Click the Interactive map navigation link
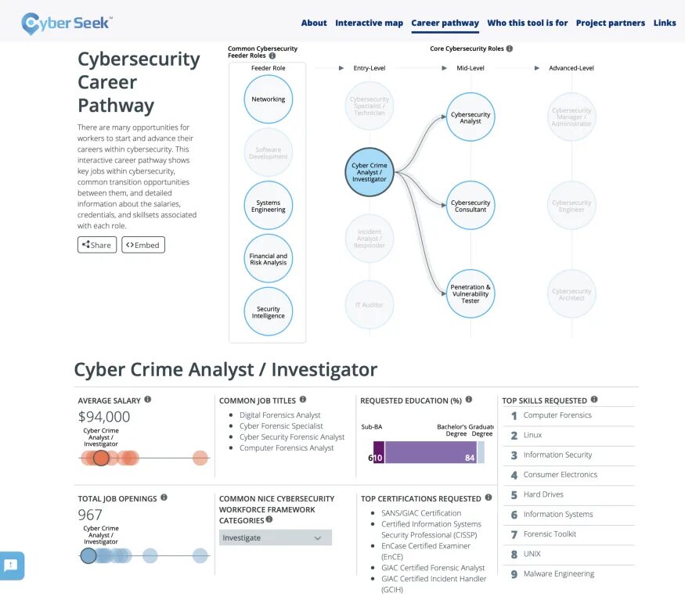(x=369, y=23)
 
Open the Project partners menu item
(x=610, y=23)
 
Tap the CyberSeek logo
(x=66, y=23)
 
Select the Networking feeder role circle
(x=268, y=99)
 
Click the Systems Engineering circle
(x=268, y=206)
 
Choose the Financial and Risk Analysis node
(x=268, y=258)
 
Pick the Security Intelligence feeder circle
(x=268, y=311)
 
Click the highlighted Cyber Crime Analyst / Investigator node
(x=369, y=172)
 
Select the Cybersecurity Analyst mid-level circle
(x=470, y=117)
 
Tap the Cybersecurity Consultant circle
(x=470, y=206)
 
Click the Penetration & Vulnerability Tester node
(x=470, y=293)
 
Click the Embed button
(x=143, y=245)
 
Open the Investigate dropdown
(x=275, y=537)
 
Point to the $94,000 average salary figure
(x=104, y=417)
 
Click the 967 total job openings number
(x=90, y=515)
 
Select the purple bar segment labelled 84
(x=430, y=452)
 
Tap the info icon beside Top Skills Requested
(x=594, y=400)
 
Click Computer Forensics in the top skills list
(x=557, y=415)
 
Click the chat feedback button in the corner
(x=12, y=566)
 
